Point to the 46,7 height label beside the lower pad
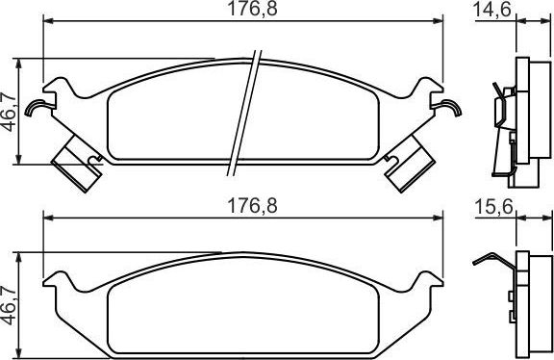tap(11, 303)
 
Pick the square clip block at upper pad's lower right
tap(408, 159)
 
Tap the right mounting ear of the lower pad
tap(429, 285)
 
